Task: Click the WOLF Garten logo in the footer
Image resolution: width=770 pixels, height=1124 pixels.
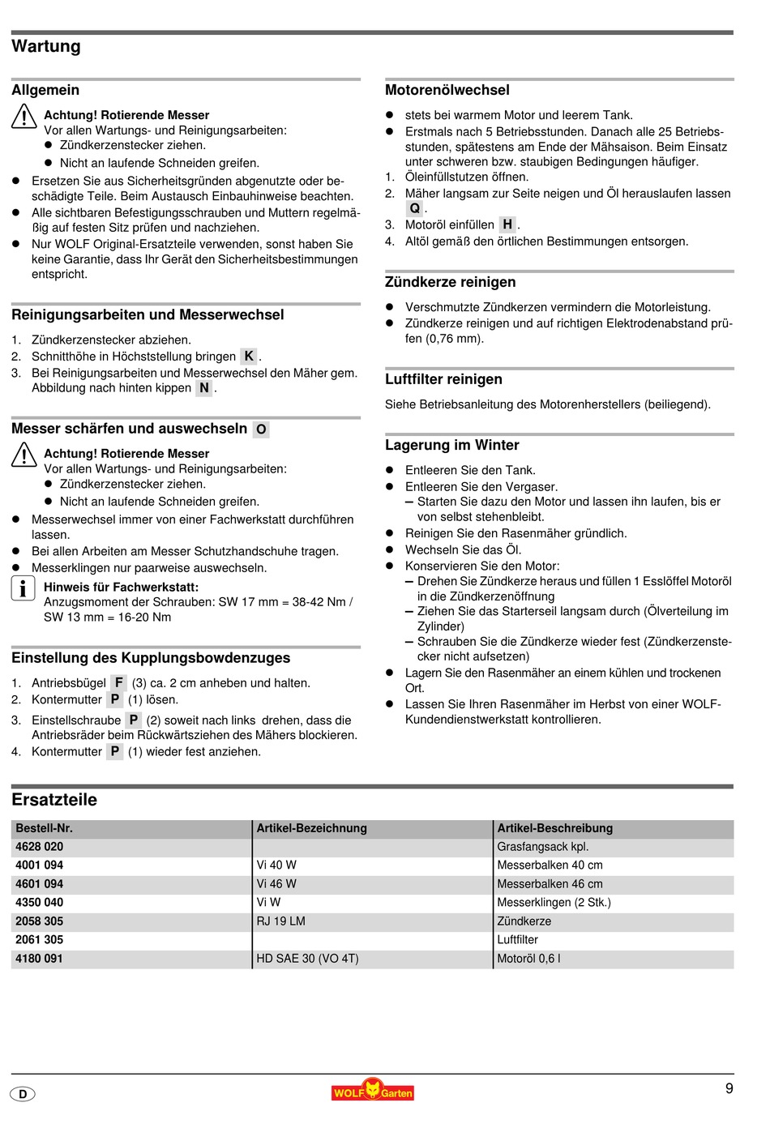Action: click(372, 1091)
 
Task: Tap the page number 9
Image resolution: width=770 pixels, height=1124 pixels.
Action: click(729, 1088)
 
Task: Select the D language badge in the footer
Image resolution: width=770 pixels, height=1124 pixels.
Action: click(23, 1094)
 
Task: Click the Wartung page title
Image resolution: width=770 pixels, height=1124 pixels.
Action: click(46, 46)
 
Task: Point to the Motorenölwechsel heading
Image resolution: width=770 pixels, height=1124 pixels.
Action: click(447, 90)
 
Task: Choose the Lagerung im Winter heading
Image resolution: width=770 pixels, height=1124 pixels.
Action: click(451, 445)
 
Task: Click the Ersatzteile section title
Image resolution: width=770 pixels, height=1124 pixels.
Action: click(54, 800)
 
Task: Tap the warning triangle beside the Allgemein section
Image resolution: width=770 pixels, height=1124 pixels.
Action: click(24, 117)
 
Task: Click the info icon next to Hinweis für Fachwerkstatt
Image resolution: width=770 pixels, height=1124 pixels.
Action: click(23, 588)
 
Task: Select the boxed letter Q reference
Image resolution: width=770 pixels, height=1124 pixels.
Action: click(414, 208)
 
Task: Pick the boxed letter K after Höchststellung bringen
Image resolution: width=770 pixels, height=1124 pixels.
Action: click(249, 356)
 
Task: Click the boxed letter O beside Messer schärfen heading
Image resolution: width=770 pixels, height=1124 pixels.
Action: click(261, 430)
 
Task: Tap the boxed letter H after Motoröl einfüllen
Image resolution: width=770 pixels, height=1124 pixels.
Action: click(507, 224)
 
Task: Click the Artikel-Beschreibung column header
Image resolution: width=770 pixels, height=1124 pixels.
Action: click(554, 828)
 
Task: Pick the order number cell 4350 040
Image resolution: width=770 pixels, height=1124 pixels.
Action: click(39, 902)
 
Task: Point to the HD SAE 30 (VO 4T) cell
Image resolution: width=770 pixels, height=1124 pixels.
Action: click(307, 958)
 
